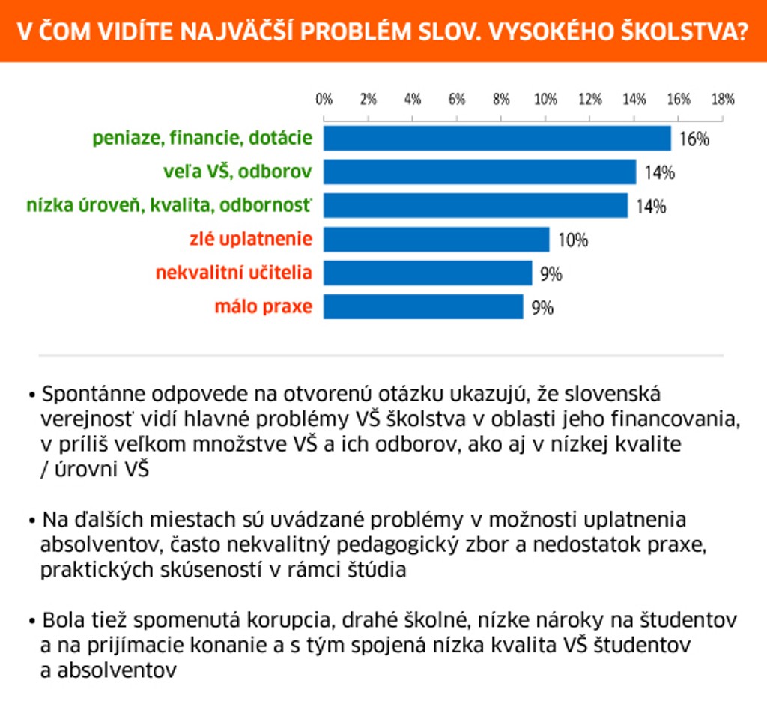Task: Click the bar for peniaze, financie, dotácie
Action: [x=497, y=139]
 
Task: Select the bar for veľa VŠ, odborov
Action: [x=479, y=172]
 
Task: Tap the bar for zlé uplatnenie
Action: [x=436, y=240]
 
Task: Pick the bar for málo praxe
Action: [x=423, y=306]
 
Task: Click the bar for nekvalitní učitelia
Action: [x=427, y=273]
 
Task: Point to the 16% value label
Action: [x=694, y=139]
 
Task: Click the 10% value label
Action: [x=573, y=240]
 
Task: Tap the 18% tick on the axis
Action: [x=723, y=99]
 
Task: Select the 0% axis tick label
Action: [x=324, y=99]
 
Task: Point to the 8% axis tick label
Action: [x=501, y=99]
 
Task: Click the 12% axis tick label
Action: [x=589, y=99]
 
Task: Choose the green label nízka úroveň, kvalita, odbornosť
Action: [x=169, y=206]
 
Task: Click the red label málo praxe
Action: [x=263, y=306]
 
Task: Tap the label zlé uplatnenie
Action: [x=251, y=240]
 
